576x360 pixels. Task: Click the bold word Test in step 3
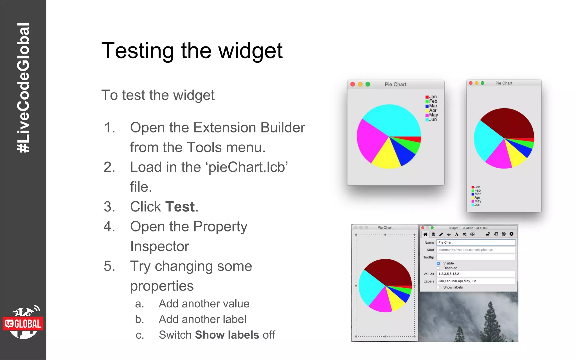(180, 207)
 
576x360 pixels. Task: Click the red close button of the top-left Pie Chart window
(353, 84)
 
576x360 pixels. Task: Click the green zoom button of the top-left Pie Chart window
(368, 84)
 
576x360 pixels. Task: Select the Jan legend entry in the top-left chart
(431, 97)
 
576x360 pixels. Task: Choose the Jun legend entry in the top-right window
(476, 205)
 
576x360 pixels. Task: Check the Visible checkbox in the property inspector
(438, 263)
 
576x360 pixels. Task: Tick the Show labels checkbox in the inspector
(438, 287)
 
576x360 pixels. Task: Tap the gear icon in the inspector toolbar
(511, 234)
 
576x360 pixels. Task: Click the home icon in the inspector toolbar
(425, 234)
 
